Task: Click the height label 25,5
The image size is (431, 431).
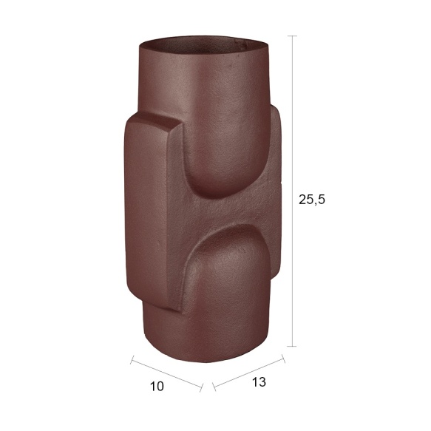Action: pyautogui.click(x=312, y=200)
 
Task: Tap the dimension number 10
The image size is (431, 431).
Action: pyautogui.click(x=157, y=386)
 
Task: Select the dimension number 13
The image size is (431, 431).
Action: pyautogui.click(x=259, y=381)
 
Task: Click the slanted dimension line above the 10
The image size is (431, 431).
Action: pyautogui.click(x=166, y=373)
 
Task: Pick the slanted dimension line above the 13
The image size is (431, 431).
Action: pyautogui.click(x=248, y=373)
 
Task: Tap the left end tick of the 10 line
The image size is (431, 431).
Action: pyautogui.click(x=132, y=359)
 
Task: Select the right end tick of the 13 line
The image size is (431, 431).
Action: pyautogui.click(x=283, y=359)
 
